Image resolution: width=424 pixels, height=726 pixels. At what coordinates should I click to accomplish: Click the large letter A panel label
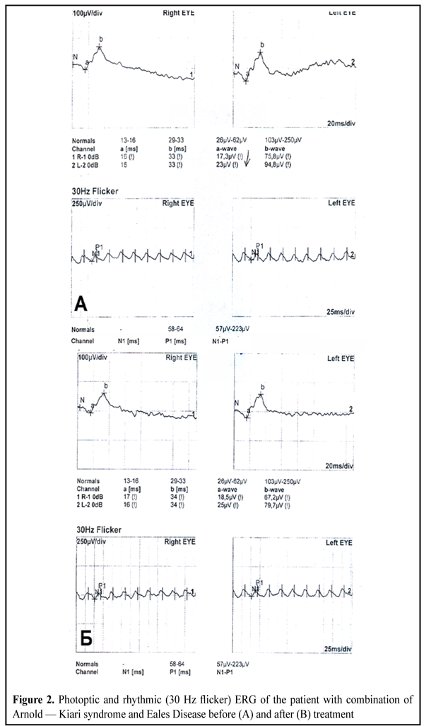81,304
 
